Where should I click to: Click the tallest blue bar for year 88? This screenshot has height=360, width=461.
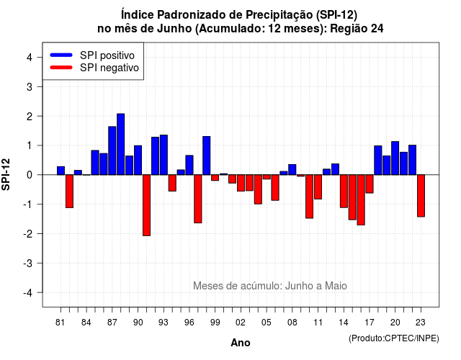pos(120,144)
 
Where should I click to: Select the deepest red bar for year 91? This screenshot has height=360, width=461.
pos(146,205)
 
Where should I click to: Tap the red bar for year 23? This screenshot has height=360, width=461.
pos(421,196)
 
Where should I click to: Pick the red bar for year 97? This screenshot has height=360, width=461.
pos(198,199)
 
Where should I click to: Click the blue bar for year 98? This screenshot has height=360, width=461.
pos(207,156)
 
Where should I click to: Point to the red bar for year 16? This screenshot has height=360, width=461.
pos(361,200)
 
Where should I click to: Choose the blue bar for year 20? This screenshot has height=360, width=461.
pos(395,158)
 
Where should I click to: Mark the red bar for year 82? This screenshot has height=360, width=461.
pos(69,192)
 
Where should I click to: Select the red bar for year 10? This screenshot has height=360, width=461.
pos(309,197)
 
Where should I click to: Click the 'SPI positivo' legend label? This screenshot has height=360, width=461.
pos(107,55)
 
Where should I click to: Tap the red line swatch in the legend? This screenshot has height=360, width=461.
pos(61,67)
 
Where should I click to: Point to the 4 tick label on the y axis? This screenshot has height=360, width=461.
pos(30,58)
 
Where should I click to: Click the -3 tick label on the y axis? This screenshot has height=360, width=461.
pos(27,263)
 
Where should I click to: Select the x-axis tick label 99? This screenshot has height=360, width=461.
pos(215,323)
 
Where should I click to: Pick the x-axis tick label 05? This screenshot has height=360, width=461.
pos(267,323)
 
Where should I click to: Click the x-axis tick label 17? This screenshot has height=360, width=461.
pos(370,323)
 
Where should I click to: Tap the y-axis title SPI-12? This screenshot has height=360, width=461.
pos(6,174)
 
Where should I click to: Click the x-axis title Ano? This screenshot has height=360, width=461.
pos(241,343)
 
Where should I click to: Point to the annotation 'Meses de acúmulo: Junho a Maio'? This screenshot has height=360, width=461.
pos(270,286)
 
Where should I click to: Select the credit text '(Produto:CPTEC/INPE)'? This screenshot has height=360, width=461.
pos(394,338)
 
